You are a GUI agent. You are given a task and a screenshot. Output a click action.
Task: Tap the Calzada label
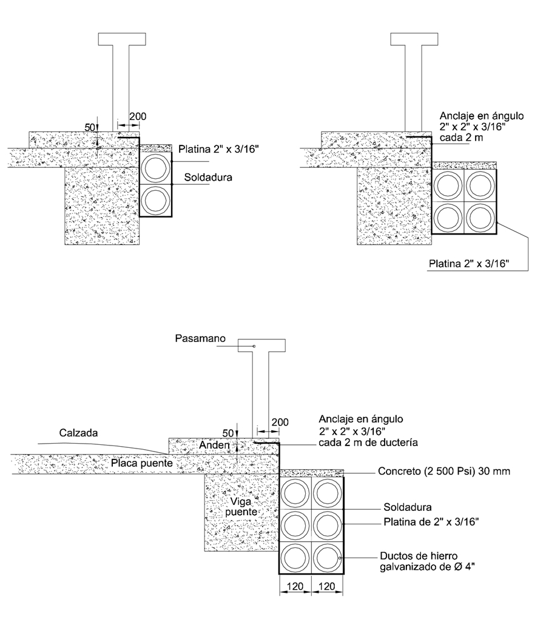pyautogui.click(x=79, y=433)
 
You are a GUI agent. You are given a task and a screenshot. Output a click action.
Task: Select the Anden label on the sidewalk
pyautogui.click(x=213, y=445)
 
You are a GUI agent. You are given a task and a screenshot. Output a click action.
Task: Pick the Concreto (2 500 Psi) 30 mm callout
pyautogui.click(x=442, y=471)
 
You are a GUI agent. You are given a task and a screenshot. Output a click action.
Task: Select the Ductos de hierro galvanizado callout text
pyautogui.click(x=422, y=561)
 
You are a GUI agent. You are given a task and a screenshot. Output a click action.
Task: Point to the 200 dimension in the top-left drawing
pyautogui.click(x=138, y=116)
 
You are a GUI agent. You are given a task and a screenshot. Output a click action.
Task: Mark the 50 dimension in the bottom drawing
pyautogui.click(x=228, y=433)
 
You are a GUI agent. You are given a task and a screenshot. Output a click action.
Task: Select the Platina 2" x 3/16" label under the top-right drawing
pyautogui.click(x=468, y=264)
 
